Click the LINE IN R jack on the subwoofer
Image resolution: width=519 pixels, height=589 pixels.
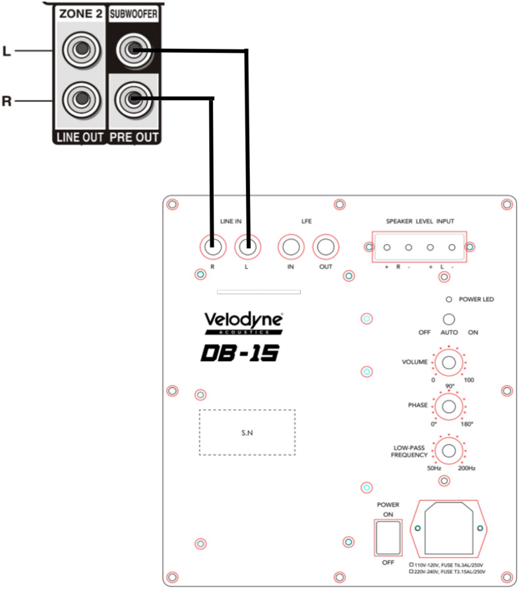(x=212, y=248)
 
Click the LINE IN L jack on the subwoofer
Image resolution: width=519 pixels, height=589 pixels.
(x=247, y=248)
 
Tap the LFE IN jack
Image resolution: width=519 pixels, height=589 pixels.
(x=291, y=248)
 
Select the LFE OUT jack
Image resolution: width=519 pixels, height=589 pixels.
(x=325, y=248)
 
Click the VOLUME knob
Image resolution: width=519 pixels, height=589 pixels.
(x=449, y=363)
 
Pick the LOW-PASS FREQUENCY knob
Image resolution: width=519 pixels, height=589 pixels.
(x=449, y=451)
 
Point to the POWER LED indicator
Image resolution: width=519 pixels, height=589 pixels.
(x=449, y=299)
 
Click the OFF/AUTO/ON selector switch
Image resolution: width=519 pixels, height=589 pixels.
(x=449, y=319)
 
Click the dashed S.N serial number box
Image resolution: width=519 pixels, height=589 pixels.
(x=247, y=433)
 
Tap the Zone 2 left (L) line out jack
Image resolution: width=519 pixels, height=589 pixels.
(x=80, y=50)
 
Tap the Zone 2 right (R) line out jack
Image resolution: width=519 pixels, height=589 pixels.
(x=80, y=100)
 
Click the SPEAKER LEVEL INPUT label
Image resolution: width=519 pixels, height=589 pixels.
(x=420, y=221)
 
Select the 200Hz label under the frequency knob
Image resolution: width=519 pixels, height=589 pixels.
(x=466, y=468)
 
